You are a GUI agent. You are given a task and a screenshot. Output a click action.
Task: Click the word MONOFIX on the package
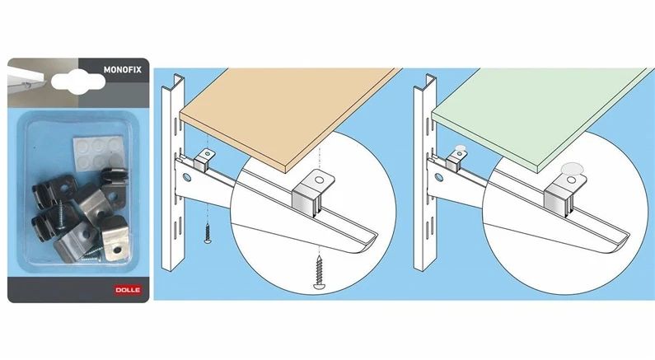(x=123, y=70)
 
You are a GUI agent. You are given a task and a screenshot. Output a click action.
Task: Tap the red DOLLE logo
(x=128, y=289)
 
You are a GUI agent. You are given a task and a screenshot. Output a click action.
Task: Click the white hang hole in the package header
(x=78, y=82)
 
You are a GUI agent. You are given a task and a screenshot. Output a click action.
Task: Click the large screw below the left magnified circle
(x=320, y=273)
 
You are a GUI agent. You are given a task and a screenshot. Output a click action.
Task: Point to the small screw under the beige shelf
(x=208, y=233)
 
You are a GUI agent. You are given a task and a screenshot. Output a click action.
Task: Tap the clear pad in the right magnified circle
(x=572, y=168)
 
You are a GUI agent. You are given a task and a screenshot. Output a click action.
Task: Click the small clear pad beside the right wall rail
(x=460, y=147)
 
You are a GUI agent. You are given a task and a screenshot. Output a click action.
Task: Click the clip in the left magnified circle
(x=313, y=194)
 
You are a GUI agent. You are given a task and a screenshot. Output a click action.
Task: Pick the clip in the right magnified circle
(x=565, y=194)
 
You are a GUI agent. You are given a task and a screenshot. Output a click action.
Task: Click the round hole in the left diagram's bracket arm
(x=187, y=178)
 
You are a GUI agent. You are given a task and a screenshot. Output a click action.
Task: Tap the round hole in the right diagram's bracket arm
(x=439, y=177)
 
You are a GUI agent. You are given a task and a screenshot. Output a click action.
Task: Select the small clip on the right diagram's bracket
(x=456, y=161)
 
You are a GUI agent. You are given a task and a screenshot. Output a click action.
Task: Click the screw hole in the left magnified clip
(x=319, y=180)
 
